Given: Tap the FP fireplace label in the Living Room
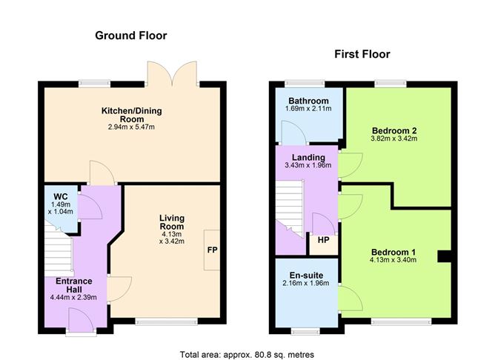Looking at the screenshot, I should pyautogui.click(x=211, y=250).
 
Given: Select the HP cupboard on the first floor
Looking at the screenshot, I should pyautogui.click(x=324, y=241).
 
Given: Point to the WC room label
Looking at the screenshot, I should pyautogui.click(x=61, y=197).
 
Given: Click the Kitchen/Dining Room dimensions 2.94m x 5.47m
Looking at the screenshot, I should pyautogui.click(x=131, y=127).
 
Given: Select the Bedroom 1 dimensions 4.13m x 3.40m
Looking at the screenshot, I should pyautogui.click(x=393, y=260).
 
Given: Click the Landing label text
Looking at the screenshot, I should pyautogui.click(x=308, y=157).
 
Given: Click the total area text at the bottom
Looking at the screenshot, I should pyautogui.click(x=247, y=355).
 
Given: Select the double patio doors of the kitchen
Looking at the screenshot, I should pyautogui.click(x=172, y=73).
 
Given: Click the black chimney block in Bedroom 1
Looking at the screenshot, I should pyautogui.click(x=445, y=256).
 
